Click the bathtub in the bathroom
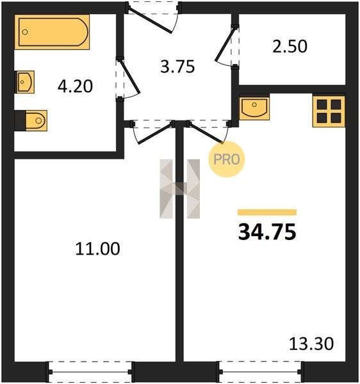pos(52,32)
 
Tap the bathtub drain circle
pos(25,32)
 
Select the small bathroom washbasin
pos(25,82)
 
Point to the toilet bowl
pos(36,120)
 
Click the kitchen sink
pos(254,108)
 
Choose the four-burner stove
pos(329,111)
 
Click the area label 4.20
pos(75,86)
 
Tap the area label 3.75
pos(177,67)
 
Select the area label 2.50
pos(290,47)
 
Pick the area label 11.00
pos(97,248)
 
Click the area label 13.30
pos(311,343)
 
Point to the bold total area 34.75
pos(267,232)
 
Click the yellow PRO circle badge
pos(227,159)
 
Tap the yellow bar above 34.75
pos(267,212)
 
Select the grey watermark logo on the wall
pos(179,189)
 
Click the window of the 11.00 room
pos(90,372)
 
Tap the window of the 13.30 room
pos(261,372)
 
